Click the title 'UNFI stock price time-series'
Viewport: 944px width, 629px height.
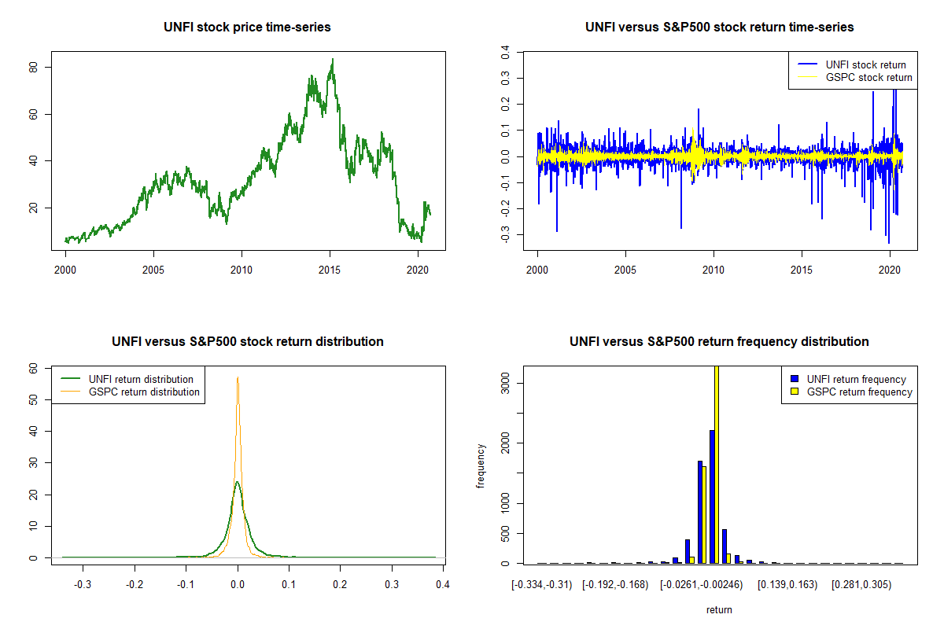(x=247, y=28)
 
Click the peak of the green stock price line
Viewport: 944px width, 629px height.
(x=332, y=59)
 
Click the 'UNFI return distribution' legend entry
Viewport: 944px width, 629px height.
(x=141, y=379)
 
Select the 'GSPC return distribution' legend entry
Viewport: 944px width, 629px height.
(x=144, y=392)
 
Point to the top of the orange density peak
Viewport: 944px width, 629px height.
(x=238, y=377)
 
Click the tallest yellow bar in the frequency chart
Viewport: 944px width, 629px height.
(x=716, y=464)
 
